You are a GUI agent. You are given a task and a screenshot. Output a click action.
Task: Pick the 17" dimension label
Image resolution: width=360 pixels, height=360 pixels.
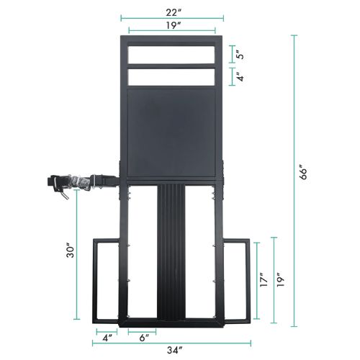(x=265, y=279)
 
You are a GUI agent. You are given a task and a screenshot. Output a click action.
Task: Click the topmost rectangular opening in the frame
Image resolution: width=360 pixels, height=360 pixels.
(x=171, y=55)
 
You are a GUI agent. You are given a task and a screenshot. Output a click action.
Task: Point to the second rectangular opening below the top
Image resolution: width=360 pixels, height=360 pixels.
(x=171, y=76)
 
